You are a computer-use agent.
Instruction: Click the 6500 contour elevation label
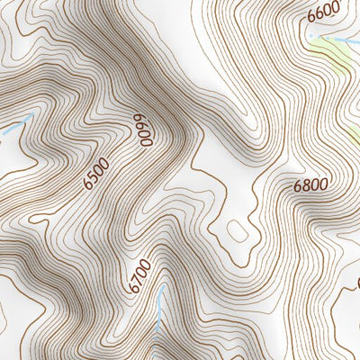coord(95,173)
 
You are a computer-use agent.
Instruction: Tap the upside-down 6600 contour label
coord(140,131)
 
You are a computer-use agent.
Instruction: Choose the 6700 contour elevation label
coord(137,276)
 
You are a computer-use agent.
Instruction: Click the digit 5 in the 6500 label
coord(94,175)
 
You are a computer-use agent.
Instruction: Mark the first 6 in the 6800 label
coord(298,189)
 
